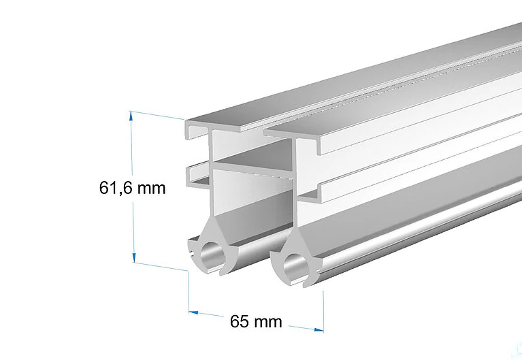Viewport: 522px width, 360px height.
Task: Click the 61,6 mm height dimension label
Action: point(132,188)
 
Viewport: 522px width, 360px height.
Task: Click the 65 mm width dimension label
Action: point(256,321)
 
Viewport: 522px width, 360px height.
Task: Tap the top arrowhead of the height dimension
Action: point(131,116)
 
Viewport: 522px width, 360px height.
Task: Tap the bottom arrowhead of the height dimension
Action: point(134,257)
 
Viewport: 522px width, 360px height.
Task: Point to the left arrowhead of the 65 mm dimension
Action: point(193,312)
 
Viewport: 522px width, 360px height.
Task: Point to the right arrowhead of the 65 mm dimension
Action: point(319,329)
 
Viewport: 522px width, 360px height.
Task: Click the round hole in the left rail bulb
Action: point(212,254)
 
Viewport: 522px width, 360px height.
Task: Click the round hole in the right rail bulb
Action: point(295,266)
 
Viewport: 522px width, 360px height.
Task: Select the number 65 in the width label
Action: point(239,321)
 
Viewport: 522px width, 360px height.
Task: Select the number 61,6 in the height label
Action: point(116,188)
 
